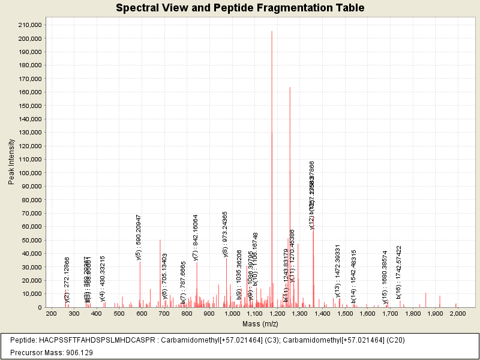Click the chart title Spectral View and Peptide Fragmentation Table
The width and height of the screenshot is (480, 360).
pyautogui.click(x=240, y=8)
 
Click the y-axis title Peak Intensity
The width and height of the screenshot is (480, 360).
pyautogui.click(x=11, y=161)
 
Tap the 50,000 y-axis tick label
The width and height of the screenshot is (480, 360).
pyautogui.click(x=31, y=240)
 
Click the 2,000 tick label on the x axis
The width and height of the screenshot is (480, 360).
pyautogui.click(x=457, y=314)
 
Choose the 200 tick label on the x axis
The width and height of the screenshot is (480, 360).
pyautogui.click(x=51, y=314)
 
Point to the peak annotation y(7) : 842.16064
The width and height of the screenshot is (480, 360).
pyautogui.click(x=196, y=237)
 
